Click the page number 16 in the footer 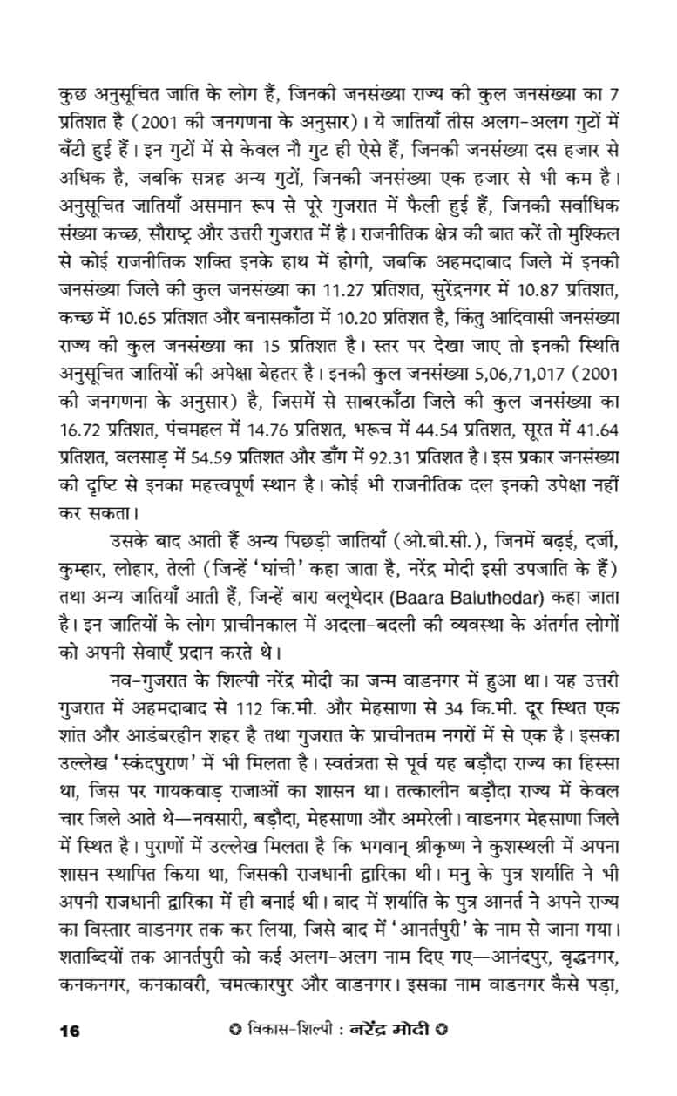(x=69, y=1032)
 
